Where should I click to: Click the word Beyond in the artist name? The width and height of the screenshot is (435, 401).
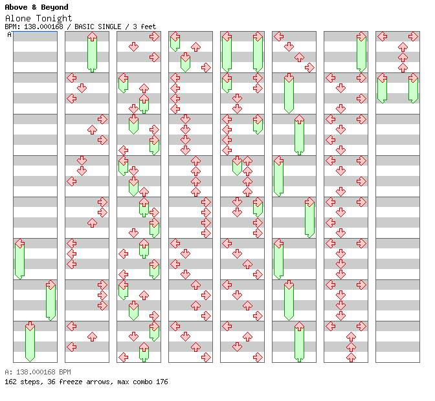tap(54, 7)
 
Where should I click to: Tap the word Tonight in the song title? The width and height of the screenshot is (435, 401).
tap(54, 19)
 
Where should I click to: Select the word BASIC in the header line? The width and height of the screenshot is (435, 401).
tap(84, 27)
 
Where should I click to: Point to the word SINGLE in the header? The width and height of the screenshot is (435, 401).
tap(109, 27)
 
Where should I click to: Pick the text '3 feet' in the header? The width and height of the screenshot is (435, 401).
tap(144, 27)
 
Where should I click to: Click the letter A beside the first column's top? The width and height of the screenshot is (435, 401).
tap(9, 35)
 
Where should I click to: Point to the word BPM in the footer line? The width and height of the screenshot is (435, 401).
tap(65, 372)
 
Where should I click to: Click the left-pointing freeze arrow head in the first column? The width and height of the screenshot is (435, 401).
tap(19, 244)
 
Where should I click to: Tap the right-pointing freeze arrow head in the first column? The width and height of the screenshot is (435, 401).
tap(50, 285)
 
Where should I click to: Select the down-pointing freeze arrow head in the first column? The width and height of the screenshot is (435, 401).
tap(30, 326)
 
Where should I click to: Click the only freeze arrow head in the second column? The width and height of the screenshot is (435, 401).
tap(92, 37)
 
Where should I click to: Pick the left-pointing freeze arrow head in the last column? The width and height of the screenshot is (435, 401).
tap(383, 78)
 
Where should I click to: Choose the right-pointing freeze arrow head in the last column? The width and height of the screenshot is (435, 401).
tap(413, 78)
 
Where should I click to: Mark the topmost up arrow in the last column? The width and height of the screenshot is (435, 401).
tap(403, 47)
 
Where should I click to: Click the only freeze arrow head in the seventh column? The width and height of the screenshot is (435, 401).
tap(361, 37)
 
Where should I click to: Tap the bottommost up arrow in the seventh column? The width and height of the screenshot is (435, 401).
tap(351, 357)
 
